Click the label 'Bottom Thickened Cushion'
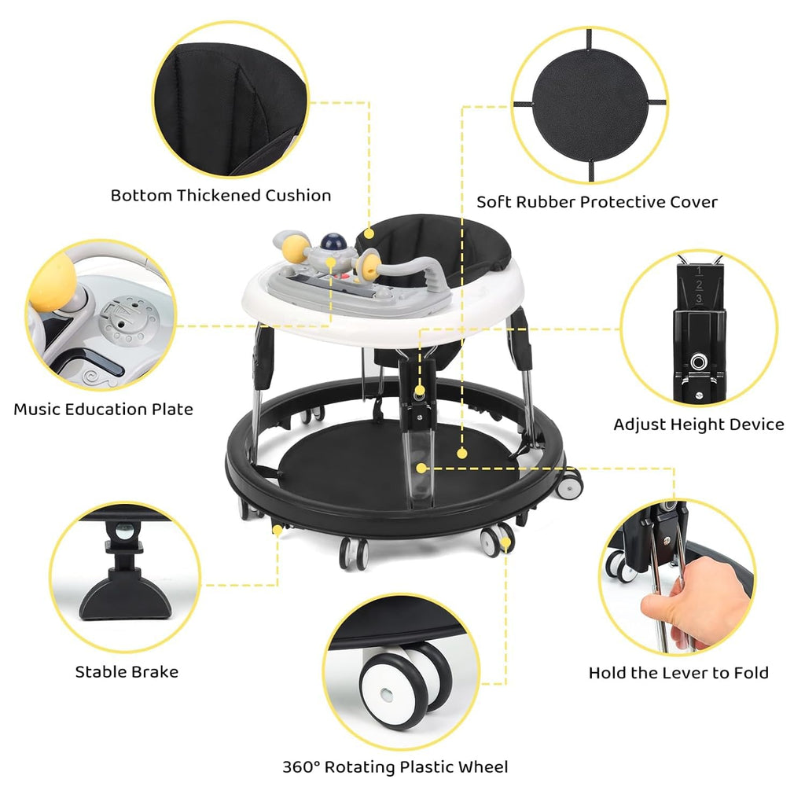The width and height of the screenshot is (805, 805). pyautogui.click(x=221, y=196)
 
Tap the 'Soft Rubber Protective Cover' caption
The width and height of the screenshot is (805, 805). pyautogui.click(x=597, y=202)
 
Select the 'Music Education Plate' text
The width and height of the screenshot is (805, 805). pyautogui.click(x=103, y=409)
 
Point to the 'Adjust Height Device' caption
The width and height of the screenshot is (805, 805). pyautogui.click(x=699, y=425)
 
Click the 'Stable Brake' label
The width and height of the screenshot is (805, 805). pyautogui.click(x=127, y=672)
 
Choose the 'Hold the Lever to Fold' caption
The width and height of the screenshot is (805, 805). pyautogui.click(x=678, y=673)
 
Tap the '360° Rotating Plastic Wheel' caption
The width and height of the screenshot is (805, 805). pyautogui.click(x=395, y=767)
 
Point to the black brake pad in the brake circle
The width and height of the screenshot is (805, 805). pyautogui.click(x=125, y=597)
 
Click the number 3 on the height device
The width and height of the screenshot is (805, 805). pyautogui.click(x=699, y=298)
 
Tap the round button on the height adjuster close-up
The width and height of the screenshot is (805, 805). pyautogui.click(x=698, y=362)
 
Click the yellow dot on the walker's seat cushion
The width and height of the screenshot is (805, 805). pyautogui.click(x=369, y=234)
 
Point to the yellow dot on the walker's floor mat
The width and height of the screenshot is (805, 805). pyautogui.click(x=462, y=454)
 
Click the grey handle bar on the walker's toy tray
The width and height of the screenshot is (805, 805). pyautogui.click(x=410, y=270)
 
